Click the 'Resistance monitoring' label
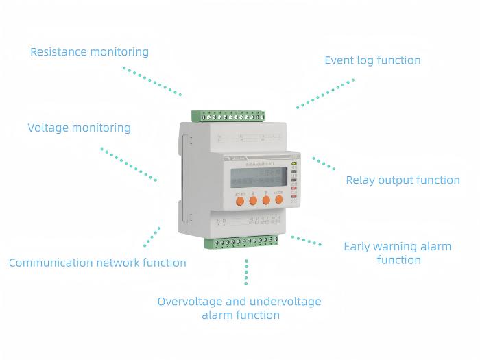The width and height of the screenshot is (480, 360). coord(89,52)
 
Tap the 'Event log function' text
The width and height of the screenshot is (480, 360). coord(372,60)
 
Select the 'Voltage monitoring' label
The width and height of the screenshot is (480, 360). coord(79,128)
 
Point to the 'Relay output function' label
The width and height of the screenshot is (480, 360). coord(403,180)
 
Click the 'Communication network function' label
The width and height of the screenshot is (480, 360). coord(97,263)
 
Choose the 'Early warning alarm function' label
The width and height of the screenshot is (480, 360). coord(398,253)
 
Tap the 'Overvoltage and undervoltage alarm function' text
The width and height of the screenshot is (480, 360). coord(239,309)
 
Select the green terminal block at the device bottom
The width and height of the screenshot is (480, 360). coord(245,241)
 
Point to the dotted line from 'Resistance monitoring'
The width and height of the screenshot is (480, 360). coord(152,81)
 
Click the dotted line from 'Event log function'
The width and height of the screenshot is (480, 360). coord(326,93)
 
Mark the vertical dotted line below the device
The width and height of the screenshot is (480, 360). coord(247,272)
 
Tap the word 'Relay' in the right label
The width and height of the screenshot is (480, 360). coord(361,180)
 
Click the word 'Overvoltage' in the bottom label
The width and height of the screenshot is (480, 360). coord(188,302)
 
